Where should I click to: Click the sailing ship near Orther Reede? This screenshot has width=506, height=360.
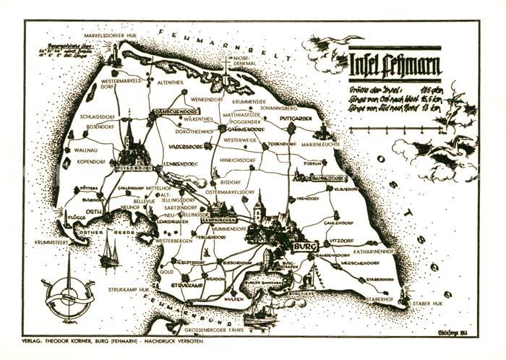109,252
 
